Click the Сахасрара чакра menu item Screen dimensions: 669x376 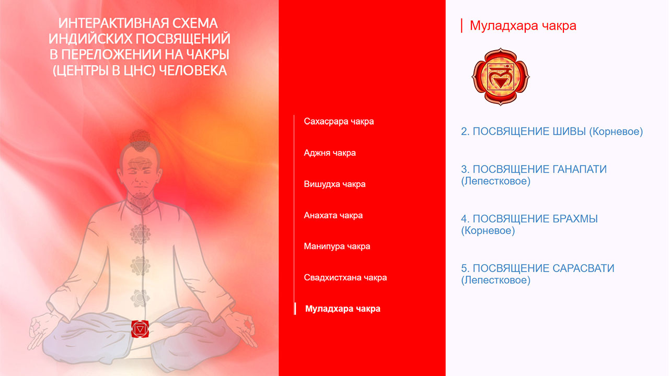point(339,122)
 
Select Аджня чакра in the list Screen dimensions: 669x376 point(330,153)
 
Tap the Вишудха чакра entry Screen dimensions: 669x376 point(334,184)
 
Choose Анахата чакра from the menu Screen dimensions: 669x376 point(333,215)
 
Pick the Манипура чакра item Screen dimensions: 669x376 point(337,246)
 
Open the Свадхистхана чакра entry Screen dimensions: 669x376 point(345,277)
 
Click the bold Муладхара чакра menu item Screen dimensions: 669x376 point(342,309)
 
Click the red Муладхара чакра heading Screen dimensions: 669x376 point(523,26)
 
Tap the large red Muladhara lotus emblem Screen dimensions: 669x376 point(501,77)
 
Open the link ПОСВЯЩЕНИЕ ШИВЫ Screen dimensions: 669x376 point(551,131)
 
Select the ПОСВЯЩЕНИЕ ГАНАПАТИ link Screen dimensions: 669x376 point(534,175)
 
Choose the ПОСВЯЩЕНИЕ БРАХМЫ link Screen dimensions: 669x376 point(529,225)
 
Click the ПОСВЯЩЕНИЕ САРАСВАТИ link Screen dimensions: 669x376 point(538,274)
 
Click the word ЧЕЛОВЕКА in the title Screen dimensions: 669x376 point(193,70)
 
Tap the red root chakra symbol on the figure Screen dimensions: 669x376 point(140,329)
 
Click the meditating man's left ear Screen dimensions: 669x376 point(159,176)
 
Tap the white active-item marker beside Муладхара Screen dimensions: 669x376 point(295,309)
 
